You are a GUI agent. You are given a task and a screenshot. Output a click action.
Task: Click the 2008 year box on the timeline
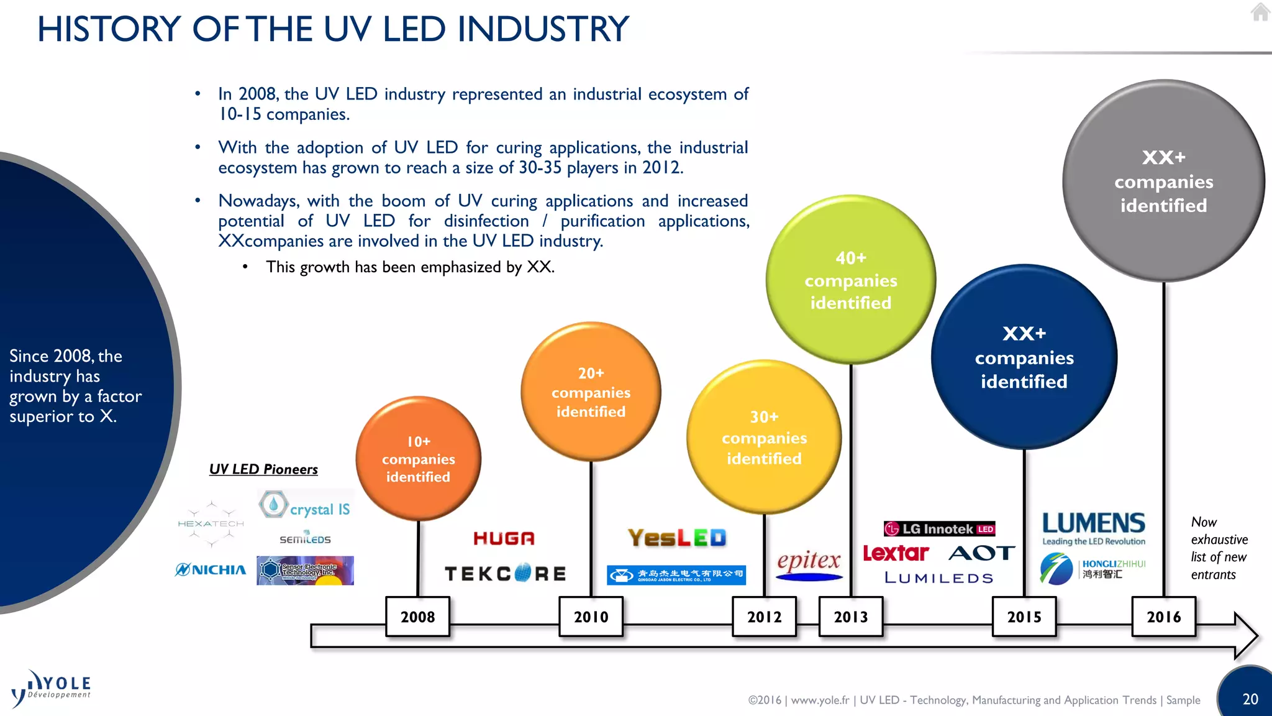(x=417, y=617)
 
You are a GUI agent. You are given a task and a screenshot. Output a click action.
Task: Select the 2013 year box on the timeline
(x=850, y=617)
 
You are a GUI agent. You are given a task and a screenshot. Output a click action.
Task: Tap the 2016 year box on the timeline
(x=1163, y=617)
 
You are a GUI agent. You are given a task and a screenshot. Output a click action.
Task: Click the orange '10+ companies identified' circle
(x=418, y=459)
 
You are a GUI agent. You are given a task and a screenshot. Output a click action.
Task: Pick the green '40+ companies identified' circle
(x=850, y=280)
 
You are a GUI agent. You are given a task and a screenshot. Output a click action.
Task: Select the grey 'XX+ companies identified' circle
(x=1163, y=181)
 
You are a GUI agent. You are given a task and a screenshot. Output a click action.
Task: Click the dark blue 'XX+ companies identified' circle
(x=1024, y=357)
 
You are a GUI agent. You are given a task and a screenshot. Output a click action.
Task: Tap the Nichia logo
(x=211, y=569)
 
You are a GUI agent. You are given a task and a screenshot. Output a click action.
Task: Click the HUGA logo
(x=504, y=538)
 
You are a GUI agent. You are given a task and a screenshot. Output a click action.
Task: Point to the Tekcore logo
(x=506, y=573)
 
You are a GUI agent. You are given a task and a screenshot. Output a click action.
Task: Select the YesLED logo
(x=676, y=538)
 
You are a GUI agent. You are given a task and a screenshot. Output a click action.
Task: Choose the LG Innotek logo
(x=939, y=529)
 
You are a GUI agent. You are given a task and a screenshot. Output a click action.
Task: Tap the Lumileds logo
(x=938, y=578)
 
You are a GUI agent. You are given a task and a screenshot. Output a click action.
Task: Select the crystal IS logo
(x=305, y=506)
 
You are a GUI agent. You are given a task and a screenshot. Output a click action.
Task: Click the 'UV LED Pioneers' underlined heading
(x=263, y=469)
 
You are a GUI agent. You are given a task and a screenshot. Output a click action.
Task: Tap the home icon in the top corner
(x=1260, y=12)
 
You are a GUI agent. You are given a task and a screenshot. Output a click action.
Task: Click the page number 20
(x=1250, y=699)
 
